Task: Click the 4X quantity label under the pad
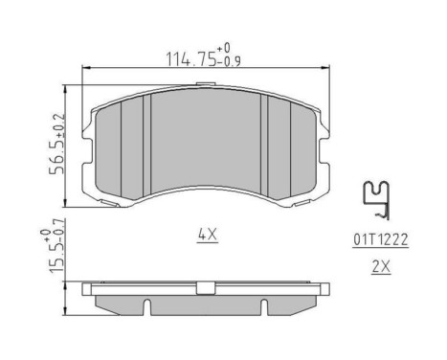point(206,234)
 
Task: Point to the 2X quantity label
point(381,268)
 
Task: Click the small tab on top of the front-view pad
point(203,86)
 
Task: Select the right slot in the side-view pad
point(261,307)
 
